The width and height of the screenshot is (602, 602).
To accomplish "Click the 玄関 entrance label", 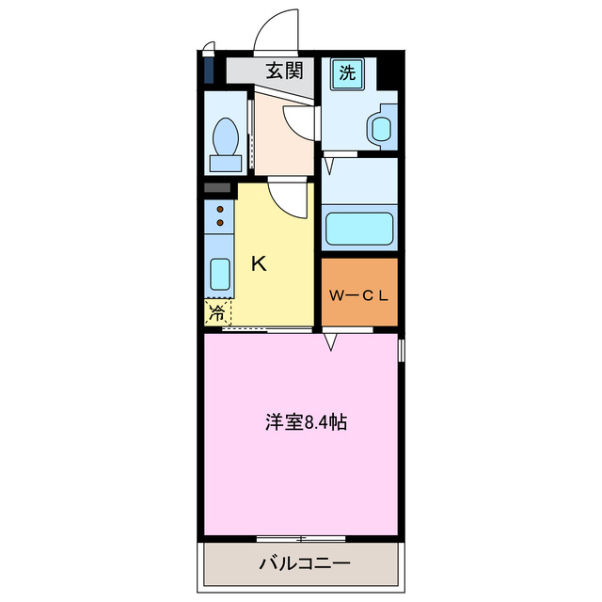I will (x=282, y=70).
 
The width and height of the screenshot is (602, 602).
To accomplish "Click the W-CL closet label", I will (x=358, y=294).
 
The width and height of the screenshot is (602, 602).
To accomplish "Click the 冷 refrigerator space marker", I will (x=216, y=313).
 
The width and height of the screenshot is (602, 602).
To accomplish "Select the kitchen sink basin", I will (x=218, y=274).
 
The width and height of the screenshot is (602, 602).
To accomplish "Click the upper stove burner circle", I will (x=220, y=209).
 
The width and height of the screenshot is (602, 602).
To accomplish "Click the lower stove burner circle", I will (x=220, y=223).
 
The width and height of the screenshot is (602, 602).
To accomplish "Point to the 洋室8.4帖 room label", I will (x=305, y=422).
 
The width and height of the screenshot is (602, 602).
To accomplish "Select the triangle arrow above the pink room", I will (x=331, y=343).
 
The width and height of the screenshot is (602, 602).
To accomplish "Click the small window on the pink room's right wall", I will (x=402, y=351).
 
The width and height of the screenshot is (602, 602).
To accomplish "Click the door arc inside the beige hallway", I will (x=299, y=120).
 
